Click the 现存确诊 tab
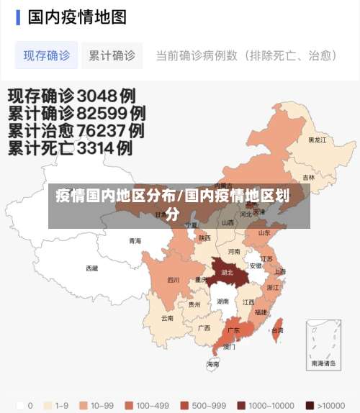[46, 55]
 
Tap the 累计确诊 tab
[112, 55]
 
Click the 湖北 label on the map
[228, 273]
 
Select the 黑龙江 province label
[317, 140]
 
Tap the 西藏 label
[92, 268]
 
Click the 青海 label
[135, 241]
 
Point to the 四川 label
[174, 280]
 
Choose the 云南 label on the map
[167, 317]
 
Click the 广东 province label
[233, 330]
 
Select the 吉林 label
[308, 178]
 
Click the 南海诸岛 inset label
[323, 364]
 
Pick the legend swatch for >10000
[310, 405]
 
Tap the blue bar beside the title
[18, 17]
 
